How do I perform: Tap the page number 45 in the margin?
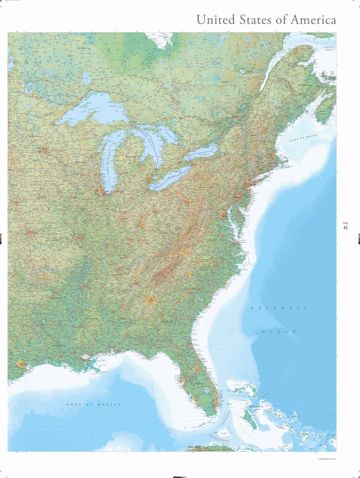coord(345,228)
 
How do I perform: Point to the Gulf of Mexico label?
coord(94,404)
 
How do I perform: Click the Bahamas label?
coord(256,406)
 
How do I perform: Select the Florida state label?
coord(199,384)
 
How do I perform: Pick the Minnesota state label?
coord(35,136)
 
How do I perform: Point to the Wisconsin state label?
coord(81,162)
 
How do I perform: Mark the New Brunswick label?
coord(305,85)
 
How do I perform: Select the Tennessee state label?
coord(117,274)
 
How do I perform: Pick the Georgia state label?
coord(166,322)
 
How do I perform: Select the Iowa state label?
coord(41,189)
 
